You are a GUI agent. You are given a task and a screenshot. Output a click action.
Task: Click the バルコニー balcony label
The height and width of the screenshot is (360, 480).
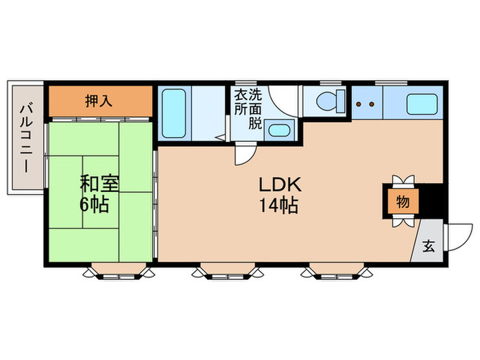pos(26,137)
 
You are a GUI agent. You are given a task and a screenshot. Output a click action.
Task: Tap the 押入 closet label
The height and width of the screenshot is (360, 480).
pos(99,101)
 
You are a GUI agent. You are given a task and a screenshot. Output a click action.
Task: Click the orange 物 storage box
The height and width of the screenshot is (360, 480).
pos(402,202)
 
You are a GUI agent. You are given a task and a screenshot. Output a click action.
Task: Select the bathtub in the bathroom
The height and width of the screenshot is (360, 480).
pos(174,112)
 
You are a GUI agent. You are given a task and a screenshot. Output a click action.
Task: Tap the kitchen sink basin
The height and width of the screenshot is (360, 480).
pos(420,104)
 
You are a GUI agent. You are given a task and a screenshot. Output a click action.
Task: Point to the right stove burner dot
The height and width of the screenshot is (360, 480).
pos(372,105)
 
